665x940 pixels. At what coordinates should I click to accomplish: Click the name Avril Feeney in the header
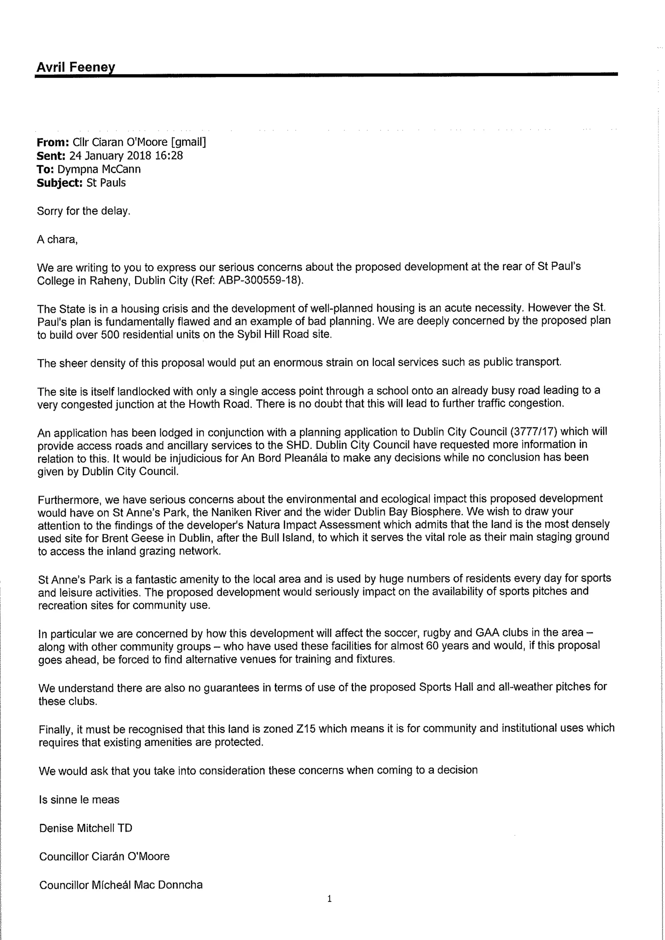click(76, 67)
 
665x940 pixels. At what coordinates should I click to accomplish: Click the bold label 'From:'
click(52, 142)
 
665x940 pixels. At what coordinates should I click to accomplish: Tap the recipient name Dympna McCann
click(99, 169)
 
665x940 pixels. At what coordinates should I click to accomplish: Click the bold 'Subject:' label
click(60, 183)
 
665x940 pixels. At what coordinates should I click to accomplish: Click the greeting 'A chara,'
click(57, 239)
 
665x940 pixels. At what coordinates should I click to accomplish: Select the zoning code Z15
click(305, 729)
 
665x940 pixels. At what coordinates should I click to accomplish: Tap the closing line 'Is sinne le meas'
click(79, 799)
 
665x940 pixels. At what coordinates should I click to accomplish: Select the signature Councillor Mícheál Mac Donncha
click(121, 885)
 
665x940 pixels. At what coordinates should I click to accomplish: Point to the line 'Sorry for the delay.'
click(83, 211)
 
